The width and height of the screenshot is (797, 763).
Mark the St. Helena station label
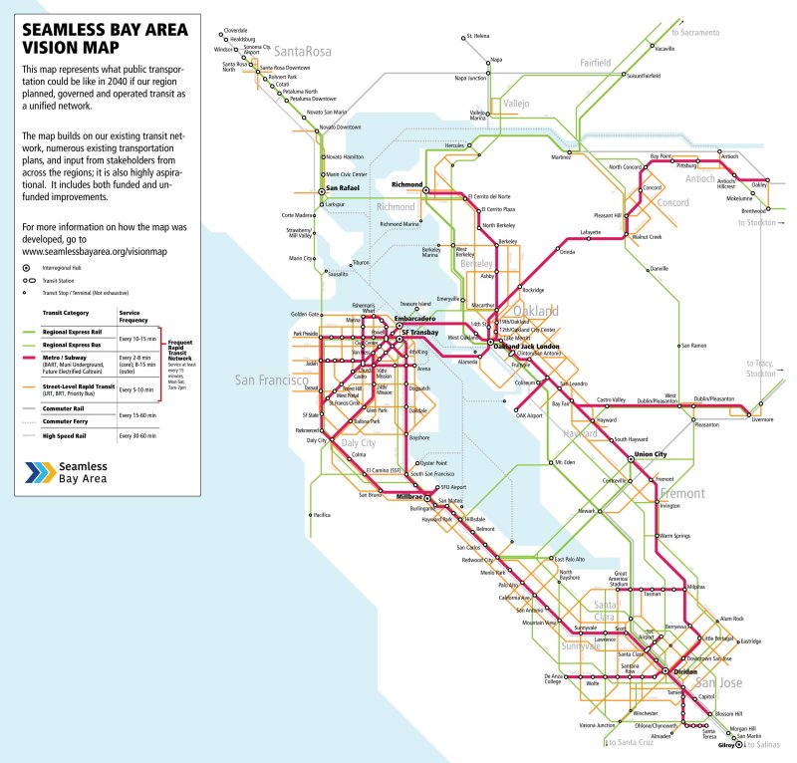[x=477, y=37]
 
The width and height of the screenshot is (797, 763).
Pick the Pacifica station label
[x=321, y=515]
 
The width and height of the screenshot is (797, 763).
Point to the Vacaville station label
[x=664, y=48]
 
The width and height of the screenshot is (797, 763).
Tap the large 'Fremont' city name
[x=681, y=493]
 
